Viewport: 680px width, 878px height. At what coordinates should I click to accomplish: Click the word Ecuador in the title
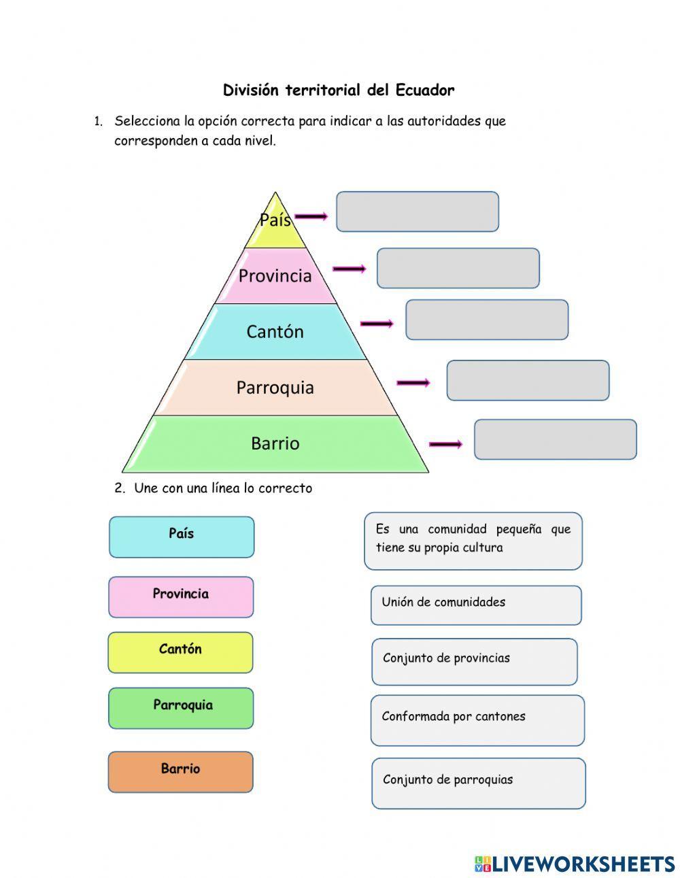point(425,90)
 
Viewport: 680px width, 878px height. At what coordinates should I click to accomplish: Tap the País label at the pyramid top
point(275,220)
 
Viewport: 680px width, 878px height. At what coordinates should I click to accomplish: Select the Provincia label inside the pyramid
point(275,275)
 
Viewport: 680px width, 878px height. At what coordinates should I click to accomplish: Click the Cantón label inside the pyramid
point(275,331)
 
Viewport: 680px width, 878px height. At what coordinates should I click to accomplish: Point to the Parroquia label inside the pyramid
point(275,388)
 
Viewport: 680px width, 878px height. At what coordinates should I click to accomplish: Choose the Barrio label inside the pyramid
point(275,443)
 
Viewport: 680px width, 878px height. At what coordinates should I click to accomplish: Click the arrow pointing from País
point(311,217)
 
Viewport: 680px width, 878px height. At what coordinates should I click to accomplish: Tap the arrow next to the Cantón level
point(377,324)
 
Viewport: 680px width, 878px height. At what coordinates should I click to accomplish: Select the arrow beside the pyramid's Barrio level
point(445,445)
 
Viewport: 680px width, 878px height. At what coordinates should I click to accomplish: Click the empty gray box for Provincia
point(458,268)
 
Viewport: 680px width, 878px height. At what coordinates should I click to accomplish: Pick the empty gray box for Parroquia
point(528,380)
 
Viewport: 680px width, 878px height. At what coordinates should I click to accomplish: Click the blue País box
point(182,537)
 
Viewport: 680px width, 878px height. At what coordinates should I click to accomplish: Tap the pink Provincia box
point(181,596)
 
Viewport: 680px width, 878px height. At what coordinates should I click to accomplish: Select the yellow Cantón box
point(180,652)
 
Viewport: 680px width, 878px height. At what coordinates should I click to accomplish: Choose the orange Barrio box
point(180,772)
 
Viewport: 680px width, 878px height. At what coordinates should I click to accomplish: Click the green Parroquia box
point(181,708)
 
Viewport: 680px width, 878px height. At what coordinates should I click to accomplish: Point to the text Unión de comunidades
point(443,602)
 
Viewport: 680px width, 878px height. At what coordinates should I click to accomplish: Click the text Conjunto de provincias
point(446,658)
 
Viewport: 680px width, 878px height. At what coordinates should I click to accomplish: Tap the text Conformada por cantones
point(454,716)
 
